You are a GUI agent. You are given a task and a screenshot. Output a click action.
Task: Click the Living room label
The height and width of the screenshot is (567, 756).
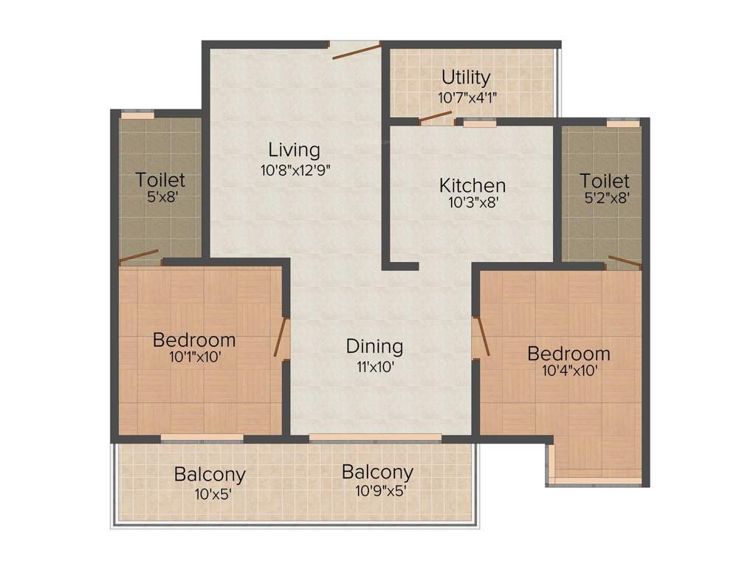pos(294,150)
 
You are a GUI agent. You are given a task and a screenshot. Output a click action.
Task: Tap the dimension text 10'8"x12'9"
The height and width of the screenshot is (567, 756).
pos(295,169)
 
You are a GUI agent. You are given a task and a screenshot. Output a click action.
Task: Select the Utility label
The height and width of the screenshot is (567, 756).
pos(465,78)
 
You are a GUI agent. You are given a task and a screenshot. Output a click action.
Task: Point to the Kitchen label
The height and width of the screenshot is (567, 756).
pos(472,185)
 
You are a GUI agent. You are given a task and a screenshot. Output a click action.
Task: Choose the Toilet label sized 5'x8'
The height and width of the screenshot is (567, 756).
pos(160,180)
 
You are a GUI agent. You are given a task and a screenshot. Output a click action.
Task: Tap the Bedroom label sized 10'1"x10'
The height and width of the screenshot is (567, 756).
pos(194,340)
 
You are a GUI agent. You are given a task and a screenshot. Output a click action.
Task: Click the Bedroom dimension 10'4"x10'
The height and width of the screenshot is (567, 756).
pos(568,372)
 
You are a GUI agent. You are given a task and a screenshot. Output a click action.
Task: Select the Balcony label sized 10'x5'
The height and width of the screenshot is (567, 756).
pos(210,474)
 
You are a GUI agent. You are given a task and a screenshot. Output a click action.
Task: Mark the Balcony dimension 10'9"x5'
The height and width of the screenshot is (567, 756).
pos(377,490)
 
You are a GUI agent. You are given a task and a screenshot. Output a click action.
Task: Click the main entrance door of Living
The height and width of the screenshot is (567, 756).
pos(355,50)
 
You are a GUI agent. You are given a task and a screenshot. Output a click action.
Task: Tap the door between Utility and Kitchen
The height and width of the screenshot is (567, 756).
pos(436,117)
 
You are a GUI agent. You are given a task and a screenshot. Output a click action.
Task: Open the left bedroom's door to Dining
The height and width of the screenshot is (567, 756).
pos(281,338)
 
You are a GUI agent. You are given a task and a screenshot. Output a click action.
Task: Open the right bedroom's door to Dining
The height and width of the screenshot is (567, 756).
pos(481,337)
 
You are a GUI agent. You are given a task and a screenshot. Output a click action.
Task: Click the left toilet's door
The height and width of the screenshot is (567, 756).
pos(139,257)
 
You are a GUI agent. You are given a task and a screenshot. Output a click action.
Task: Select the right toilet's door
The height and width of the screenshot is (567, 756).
pos(624,261)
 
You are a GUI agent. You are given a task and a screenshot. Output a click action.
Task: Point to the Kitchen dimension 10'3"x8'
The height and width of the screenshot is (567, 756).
pos(472,203)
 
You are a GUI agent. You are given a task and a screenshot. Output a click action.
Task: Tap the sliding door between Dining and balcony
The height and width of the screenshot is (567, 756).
pos(375,439)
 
